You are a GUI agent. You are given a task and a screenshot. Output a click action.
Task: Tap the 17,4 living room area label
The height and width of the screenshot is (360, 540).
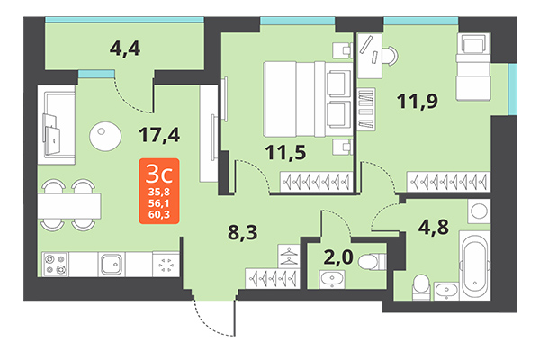pyautogui.click(x=159, y=135)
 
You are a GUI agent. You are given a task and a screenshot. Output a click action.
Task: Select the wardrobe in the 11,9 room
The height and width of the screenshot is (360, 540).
pyautogui.click(x=446, y=180)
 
